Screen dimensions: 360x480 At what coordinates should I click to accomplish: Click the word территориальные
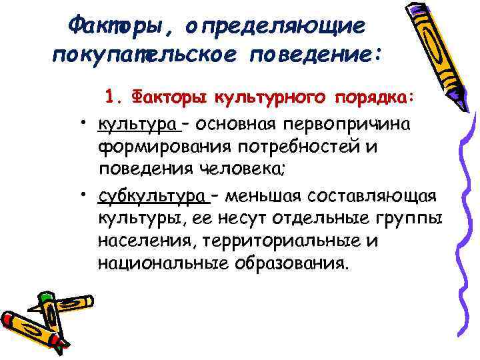tap(281, 240)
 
